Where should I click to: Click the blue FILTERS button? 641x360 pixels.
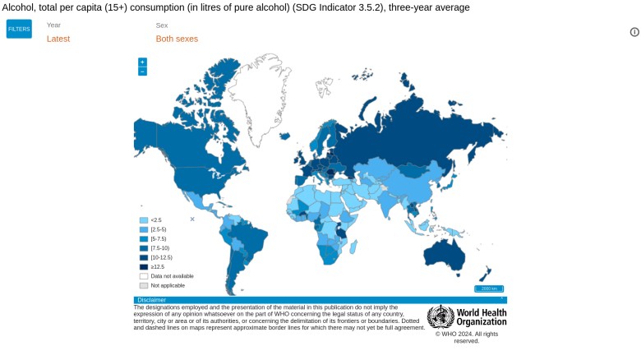coord(19,29)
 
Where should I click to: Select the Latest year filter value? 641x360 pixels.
coord(58,39)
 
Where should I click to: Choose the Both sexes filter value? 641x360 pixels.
coord(177,39)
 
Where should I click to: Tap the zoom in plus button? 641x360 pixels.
coord(142,62)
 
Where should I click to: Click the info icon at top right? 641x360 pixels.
coord(634,32)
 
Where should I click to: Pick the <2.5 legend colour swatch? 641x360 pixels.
coord(144,219)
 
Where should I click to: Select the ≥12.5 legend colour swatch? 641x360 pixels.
coord(144,266)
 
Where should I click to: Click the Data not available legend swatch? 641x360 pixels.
coord(144,276)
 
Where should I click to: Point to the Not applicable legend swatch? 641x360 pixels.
coord(144,285)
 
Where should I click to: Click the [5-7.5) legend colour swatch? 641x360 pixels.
coord(144,238)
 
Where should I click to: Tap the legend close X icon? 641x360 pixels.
coord(192,219)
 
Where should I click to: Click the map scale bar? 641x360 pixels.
coord(488,288)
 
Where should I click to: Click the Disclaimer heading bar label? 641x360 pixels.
coord(152,300)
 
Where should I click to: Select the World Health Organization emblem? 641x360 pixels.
coord(440,316)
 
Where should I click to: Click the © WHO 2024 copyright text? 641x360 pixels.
coord(467,337)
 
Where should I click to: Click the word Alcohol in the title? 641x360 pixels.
coord(17,7)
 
